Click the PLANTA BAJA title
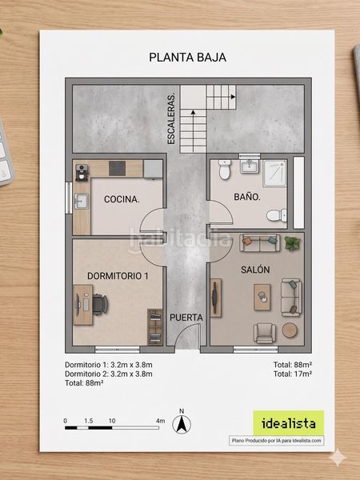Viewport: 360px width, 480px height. [187, 58]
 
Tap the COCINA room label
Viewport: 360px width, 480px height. [122, 199]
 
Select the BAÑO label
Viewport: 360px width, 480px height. [247, 197]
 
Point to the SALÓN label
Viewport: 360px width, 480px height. [255, 270]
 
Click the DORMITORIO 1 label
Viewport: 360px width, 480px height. [118, 276]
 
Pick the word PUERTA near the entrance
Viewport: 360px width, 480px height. [186, 318]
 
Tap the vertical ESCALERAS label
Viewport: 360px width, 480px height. [171, 118]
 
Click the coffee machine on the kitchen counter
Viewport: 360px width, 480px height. [82, 172]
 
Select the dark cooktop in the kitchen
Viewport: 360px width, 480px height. [117, 168]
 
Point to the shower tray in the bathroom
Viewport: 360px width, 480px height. [274, 173]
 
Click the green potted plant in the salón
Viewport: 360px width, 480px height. [293, 244]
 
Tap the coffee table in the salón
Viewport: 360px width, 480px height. [262, 298]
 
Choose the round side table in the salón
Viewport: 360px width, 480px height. [290, 330]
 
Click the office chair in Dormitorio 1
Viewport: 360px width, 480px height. [100, 304]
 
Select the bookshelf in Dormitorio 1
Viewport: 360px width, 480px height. [155, 327]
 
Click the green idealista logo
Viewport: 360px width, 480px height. [288, 423]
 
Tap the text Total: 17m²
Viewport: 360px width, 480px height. [292, 374]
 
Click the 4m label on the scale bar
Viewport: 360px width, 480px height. [160, 421]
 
